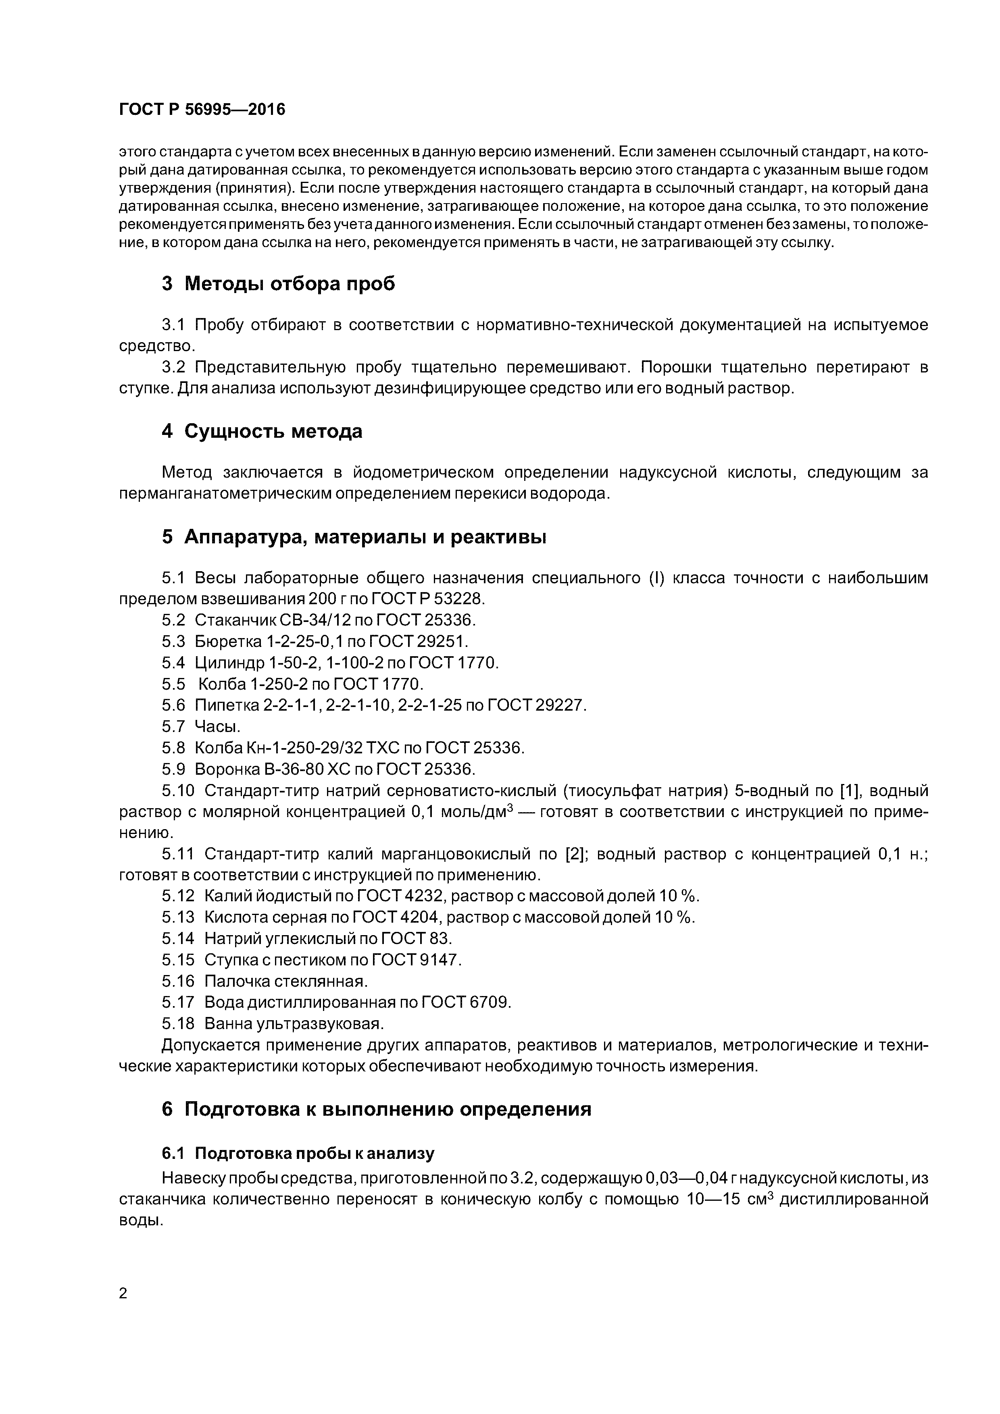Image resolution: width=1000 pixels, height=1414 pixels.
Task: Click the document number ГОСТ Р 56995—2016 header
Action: click(x=202, y=110)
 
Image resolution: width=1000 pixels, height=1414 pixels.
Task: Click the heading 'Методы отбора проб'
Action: click(x=290, y=283)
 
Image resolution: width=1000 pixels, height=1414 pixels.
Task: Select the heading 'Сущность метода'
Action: click(x=273, y=431)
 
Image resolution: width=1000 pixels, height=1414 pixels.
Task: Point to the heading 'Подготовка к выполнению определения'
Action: click(x=387, y=1109)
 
